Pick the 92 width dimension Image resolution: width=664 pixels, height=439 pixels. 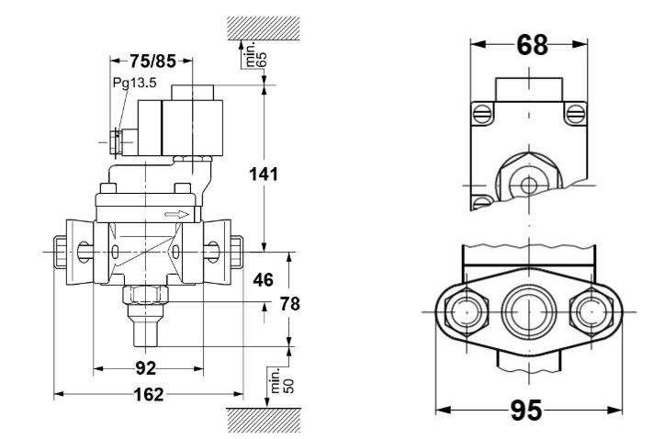(146, 369)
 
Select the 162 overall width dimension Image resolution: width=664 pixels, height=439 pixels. (148, 395)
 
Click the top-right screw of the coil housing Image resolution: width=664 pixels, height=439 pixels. (576, 114)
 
